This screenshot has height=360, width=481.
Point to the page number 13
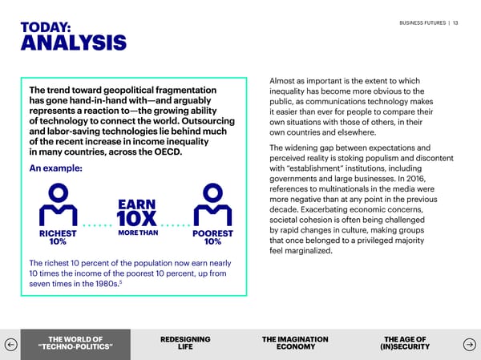point(455,22)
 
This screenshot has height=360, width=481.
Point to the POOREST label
point(213,234)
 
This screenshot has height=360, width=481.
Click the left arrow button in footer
point(10,343)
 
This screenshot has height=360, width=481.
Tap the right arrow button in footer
point(471,343)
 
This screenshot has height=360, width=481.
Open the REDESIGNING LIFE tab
point(185,343)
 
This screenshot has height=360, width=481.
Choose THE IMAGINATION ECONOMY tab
point(295,343)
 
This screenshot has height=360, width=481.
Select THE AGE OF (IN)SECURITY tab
point(405,343)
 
